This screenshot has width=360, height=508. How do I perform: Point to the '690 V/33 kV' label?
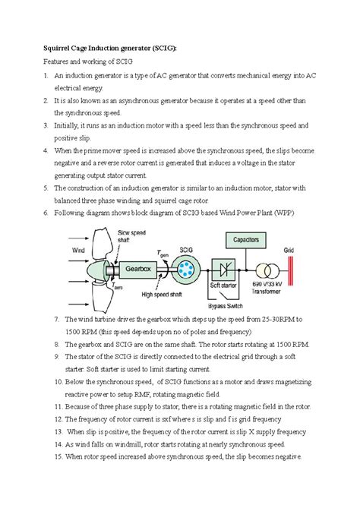(x=265, y=292)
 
